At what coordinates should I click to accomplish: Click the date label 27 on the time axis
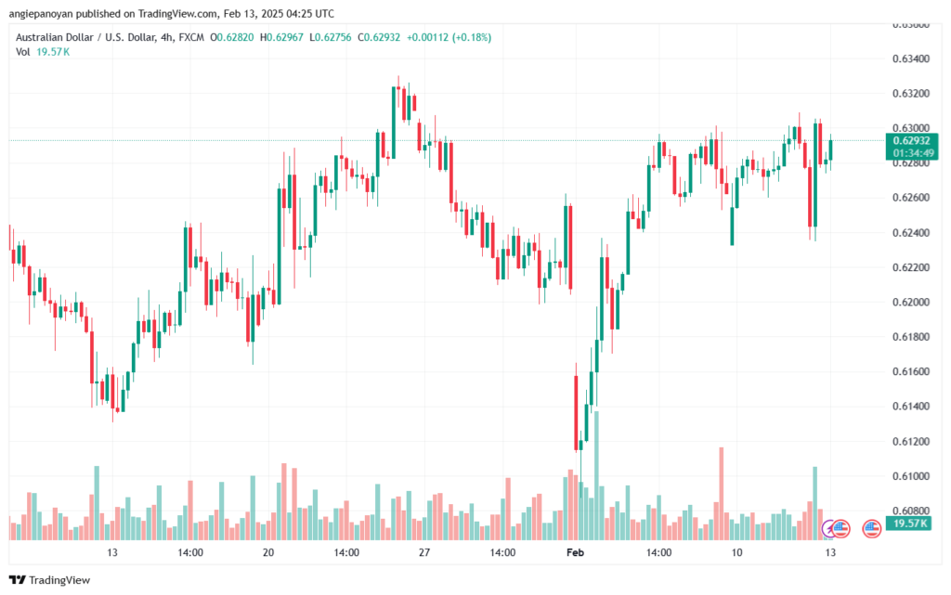[x=423, y=552]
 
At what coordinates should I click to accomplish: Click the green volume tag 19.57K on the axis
[x=908, y=524]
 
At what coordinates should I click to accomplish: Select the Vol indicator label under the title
[x=22, y=52]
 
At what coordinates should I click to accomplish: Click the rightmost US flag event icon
[x=871, y=528]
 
